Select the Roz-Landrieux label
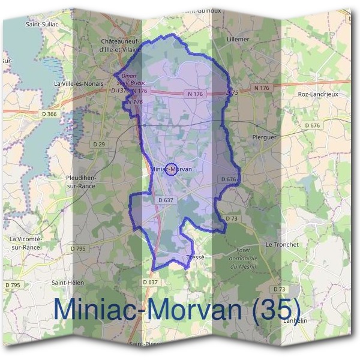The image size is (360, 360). pos(318,94)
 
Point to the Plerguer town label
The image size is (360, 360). pos(264,137)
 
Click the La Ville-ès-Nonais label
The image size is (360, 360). pos(78,83)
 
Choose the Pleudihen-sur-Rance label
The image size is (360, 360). pos(85,182)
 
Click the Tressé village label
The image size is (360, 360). pos(196,257)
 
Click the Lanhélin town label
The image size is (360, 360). pos(294,320)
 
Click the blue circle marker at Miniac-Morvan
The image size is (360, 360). pos(171,170)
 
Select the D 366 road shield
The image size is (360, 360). pos(51,114)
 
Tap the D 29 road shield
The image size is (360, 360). pos(99,145)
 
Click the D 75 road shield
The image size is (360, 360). pos(233,93)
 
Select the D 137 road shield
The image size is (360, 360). pos(118,91)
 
